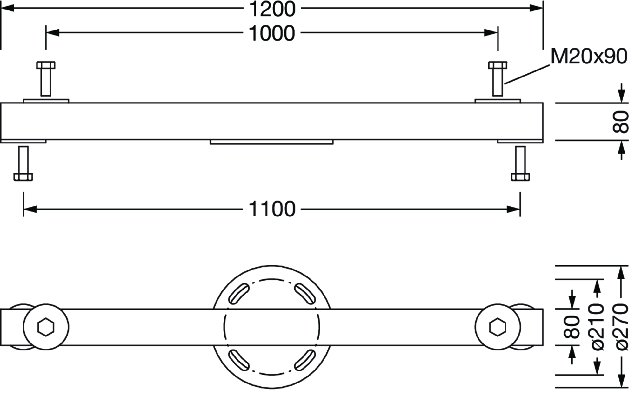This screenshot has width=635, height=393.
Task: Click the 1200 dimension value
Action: coord(272,9)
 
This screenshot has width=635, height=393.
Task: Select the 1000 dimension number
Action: coord(272,33)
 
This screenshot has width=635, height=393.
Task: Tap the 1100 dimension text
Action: coord(272,209)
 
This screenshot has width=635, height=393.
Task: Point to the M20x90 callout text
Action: coord(589,57)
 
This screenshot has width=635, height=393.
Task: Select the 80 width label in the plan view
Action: coord(572,327)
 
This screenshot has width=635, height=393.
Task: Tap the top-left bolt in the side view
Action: coord(46,79)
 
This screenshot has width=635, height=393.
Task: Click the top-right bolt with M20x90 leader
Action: coord(498,79)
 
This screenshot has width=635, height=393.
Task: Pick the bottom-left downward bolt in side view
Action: coord(23,163)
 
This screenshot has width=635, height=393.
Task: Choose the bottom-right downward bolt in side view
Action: coord(520,163)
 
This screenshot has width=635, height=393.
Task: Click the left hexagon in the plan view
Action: coord(46,327)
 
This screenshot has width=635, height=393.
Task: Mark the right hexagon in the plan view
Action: coord(498,327)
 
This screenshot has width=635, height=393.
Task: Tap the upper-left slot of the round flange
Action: coord(239,293)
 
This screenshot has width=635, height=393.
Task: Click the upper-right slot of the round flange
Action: coord(305,293)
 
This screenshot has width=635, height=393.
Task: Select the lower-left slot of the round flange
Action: coord(239,360)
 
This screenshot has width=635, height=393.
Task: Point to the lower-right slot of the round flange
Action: coord(305,360)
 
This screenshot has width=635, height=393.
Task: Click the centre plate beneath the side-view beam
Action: coord(271,142)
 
